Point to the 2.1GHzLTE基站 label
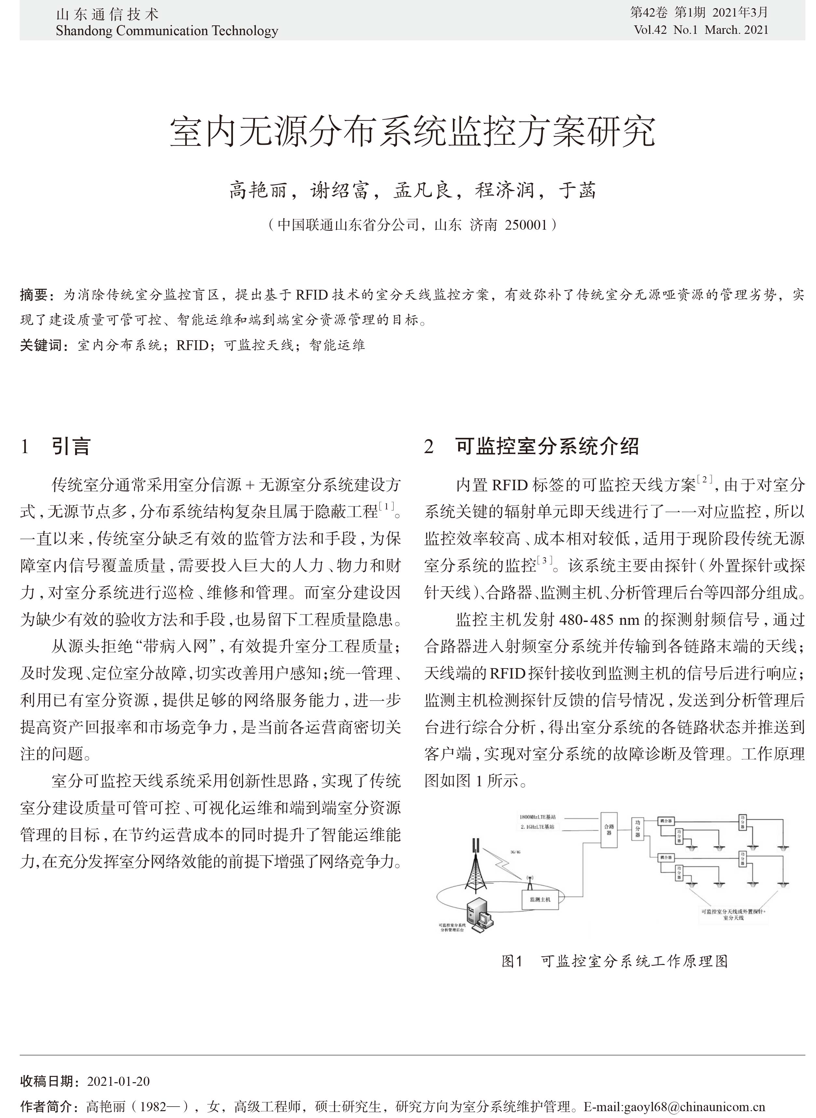click(537, 827)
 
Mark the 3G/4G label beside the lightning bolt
click(515, 852)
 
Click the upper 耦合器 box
click(665, 821)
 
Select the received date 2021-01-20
click(118, 1081)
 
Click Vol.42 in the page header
click(650, 30)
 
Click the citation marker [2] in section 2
click(704, 479)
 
